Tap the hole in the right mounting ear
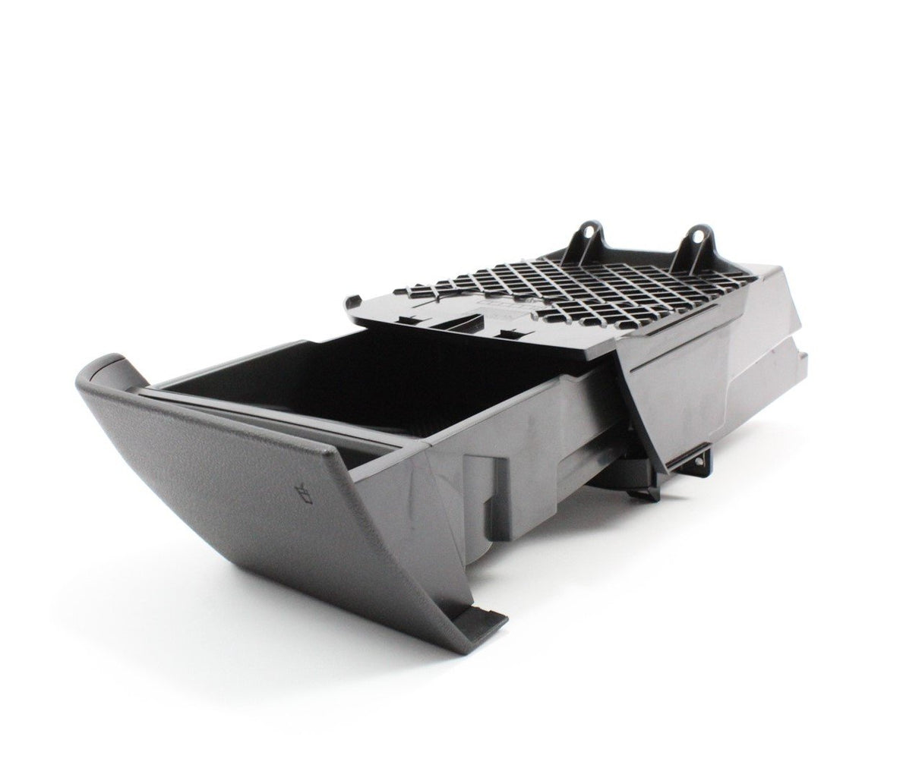point(695,237)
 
